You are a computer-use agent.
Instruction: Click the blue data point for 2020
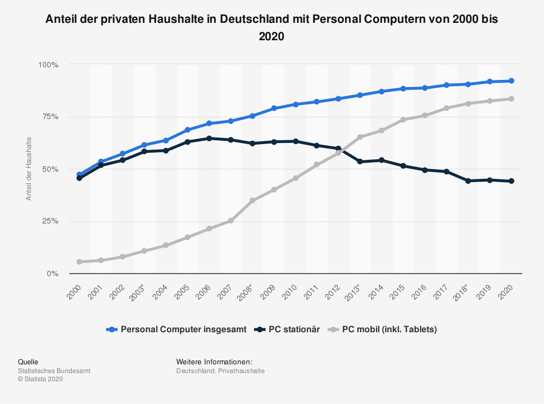point(511,81)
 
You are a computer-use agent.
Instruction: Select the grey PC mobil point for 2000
point(79,262)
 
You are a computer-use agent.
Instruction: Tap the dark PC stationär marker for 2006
point(209,138)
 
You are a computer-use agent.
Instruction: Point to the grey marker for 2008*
point(252,201)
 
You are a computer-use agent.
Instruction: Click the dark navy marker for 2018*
point(468,181)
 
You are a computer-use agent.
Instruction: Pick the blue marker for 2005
point(188,130)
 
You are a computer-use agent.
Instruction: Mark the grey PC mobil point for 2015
point(403,120)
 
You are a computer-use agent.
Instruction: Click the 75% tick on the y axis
point(48,117)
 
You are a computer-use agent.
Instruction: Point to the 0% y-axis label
point(51,274)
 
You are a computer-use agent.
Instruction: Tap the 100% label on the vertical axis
point(48,65)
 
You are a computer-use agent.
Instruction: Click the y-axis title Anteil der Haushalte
point(29,169)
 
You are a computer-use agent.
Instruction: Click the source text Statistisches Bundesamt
point(54,371)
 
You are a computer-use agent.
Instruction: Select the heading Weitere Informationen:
point(214,362)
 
